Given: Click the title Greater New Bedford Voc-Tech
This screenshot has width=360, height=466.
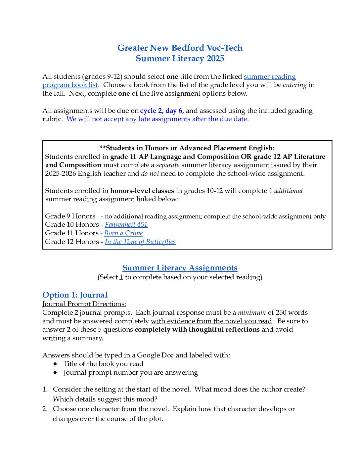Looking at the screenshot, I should [180, 48].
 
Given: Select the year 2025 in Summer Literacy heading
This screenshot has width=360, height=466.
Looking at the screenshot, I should [215, 59].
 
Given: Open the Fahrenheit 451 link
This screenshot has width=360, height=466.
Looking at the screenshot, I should [126, 225].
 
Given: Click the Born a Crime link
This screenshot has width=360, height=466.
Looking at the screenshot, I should [123, 233].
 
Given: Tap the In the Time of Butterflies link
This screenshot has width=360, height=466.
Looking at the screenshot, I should [140, 242].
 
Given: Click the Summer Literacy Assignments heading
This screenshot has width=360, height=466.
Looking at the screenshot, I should [180, 268].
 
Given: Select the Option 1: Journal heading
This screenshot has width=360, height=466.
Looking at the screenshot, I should [75, 295].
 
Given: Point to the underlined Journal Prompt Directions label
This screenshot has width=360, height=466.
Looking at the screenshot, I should [84, 304].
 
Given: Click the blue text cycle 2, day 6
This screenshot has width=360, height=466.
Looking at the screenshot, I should [162, 111].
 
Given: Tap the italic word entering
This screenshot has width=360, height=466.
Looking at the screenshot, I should [294, 85].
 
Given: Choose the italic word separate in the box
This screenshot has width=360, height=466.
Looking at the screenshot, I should [168, 165].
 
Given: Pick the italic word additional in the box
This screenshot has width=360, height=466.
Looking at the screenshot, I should [288, 191].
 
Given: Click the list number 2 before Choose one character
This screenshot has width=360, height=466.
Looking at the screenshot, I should [45, 409].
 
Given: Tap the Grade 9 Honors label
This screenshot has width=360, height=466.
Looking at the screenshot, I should [70, 216].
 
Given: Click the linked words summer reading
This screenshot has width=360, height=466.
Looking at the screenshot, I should [270, 76].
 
